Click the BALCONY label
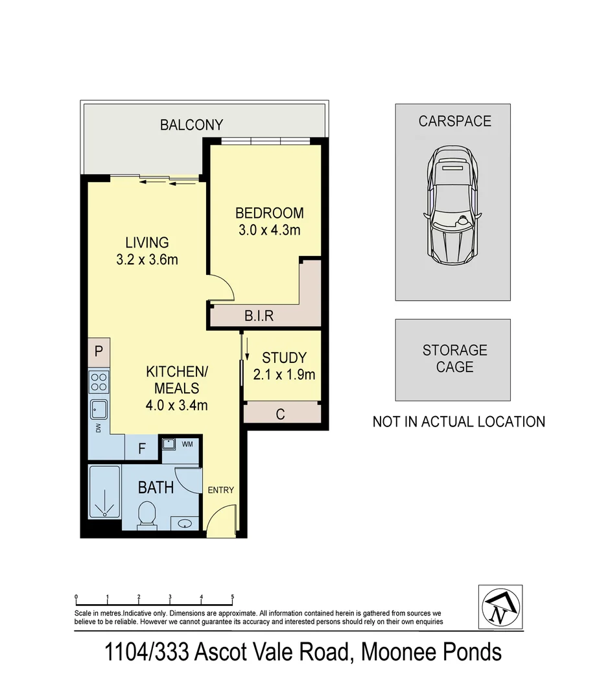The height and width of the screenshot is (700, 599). click(x=191, y=125)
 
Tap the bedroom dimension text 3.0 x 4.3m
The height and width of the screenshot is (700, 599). click(x=268, y=229)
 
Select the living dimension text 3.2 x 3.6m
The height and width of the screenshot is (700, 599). click(x=147, y=260)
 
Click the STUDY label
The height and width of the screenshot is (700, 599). click(x=283, y=358)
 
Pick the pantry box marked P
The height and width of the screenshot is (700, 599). click(x=99, y=352)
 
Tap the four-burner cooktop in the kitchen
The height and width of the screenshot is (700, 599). click(x=99, y=382)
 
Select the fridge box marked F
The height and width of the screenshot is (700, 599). click(x=142, y=448)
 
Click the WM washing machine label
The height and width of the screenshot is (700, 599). click(x=188, y=444)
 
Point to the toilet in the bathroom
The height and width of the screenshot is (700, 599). click(x=147, y=515)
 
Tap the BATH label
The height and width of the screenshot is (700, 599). click(x=156, y=487)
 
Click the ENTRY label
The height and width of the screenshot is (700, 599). click(x=220, y=490)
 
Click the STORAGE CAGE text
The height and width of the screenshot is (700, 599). click(x=454, y=358)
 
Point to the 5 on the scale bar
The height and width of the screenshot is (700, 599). click(x=232, y=597)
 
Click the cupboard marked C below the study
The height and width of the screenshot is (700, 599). click(x=281, y=414)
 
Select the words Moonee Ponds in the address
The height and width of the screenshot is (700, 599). click(x=430, y=651)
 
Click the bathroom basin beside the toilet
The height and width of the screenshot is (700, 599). click(x=185, y=523)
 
